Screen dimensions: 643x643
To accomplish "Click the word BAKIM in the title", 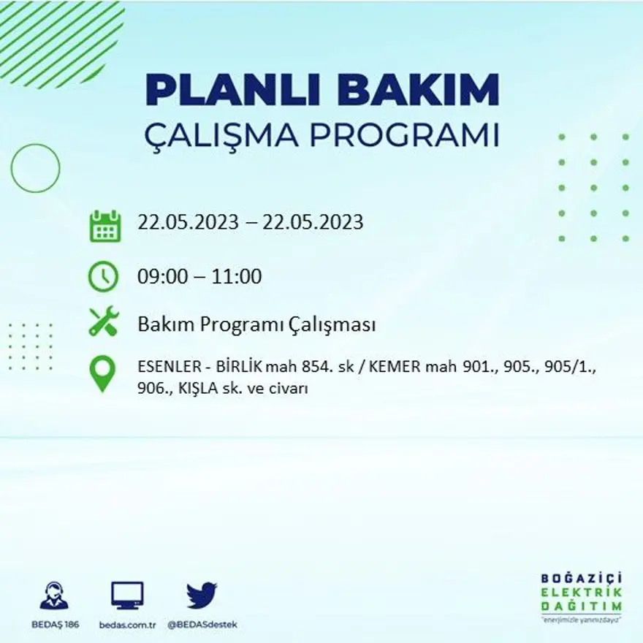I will [419, 91].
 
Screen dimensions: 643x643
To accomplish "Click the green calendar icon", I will [104, 226].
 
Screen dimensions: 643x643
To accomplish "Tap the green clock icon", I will [103, 276].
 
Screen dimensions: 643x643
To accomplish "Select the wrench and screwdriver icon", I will [103, 321].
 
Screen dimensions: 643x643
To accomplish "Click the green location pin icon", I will [102, 373].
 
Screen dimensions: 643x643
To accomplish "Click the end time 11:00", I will [237, 277].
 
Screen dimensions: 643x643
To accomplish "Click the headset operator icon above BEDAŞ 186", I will [54, 596].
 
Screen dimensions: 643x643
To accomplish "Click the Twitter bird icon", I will [202, 595].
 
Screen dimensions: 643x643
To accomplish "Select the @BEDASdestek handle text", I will [202, 625].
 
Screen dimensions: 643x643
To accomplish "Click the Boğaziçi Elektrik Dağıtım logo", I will [582, 596].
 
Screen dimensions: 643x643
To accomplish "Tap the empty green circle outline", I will [35, 168].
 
